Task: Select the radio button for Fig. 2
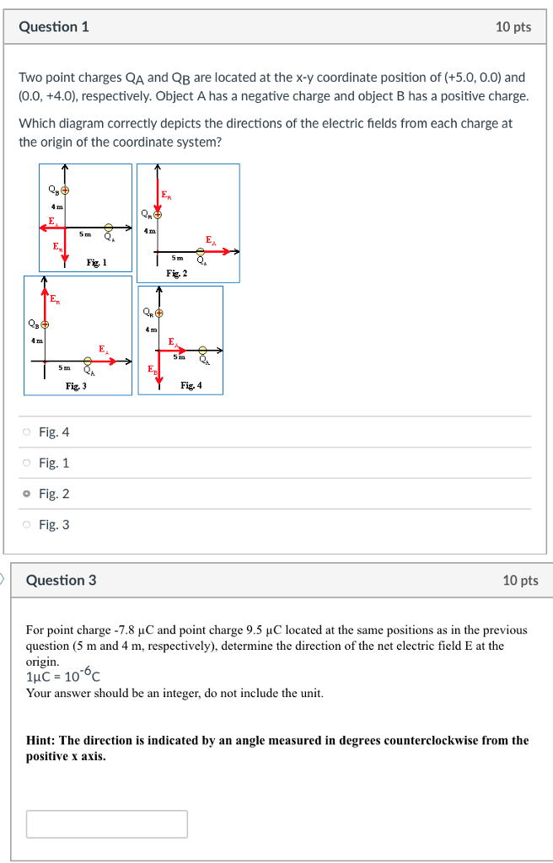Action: [28, 494]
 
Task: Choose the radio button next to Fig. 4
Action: [28, 432]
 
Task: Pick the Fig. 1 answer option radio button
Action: [28, 463]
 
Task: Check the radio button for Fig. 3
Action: [28, 524]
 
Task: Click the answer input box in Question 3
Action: [106, 823]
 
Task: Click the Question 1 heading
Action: [54, 27]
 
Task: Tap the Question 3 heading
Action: [61, 580]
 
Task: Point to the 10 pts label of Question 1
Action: [513, 27]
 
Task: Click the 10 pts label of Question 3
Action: [519, 580]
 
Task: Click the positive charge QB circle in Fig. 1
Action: [64, 190]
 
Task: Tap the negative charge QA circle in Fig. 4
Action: [202, 350]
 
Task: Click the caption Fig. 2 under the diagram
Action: [177, 273]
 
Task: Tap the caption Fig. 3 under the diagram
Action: [76, 386]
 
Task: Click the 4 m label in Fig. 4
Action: [153, 329]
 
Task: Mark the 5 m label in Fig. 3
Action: [64, 367]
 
